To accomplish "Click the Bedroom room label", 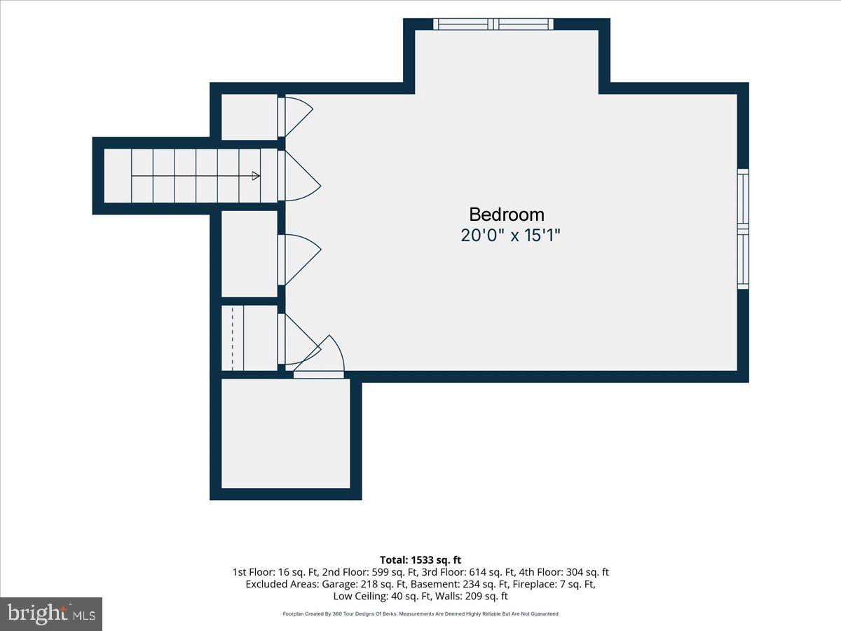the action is click(507, 215).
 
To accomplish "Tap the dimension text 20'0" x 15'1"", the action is click(510, 236).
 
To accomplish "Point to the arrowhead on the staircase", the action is click(256, 176).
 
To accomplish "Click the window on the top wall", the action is click(493, 24).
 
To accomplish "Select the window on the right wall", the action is click(743, 229).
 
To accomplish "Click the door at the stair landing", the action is click(299, 176).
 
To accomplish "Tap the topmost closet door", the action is click(296, 117).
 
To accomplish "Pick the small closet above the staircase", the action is click(249, 117).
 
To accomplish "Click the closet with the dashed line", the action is click(249, 338).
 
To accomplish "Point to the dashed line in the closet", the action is click(233, 338).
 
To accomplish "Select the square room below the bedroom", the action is click(286, 433).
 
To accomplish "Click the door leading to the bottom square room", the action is click(319, 357).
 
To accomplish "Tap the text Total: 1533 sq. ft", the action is click(420, 559).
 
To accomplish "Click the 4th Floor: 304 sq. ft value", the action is click(563, 572).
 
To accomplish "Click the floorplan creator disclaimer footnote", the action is click(420, 613).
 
